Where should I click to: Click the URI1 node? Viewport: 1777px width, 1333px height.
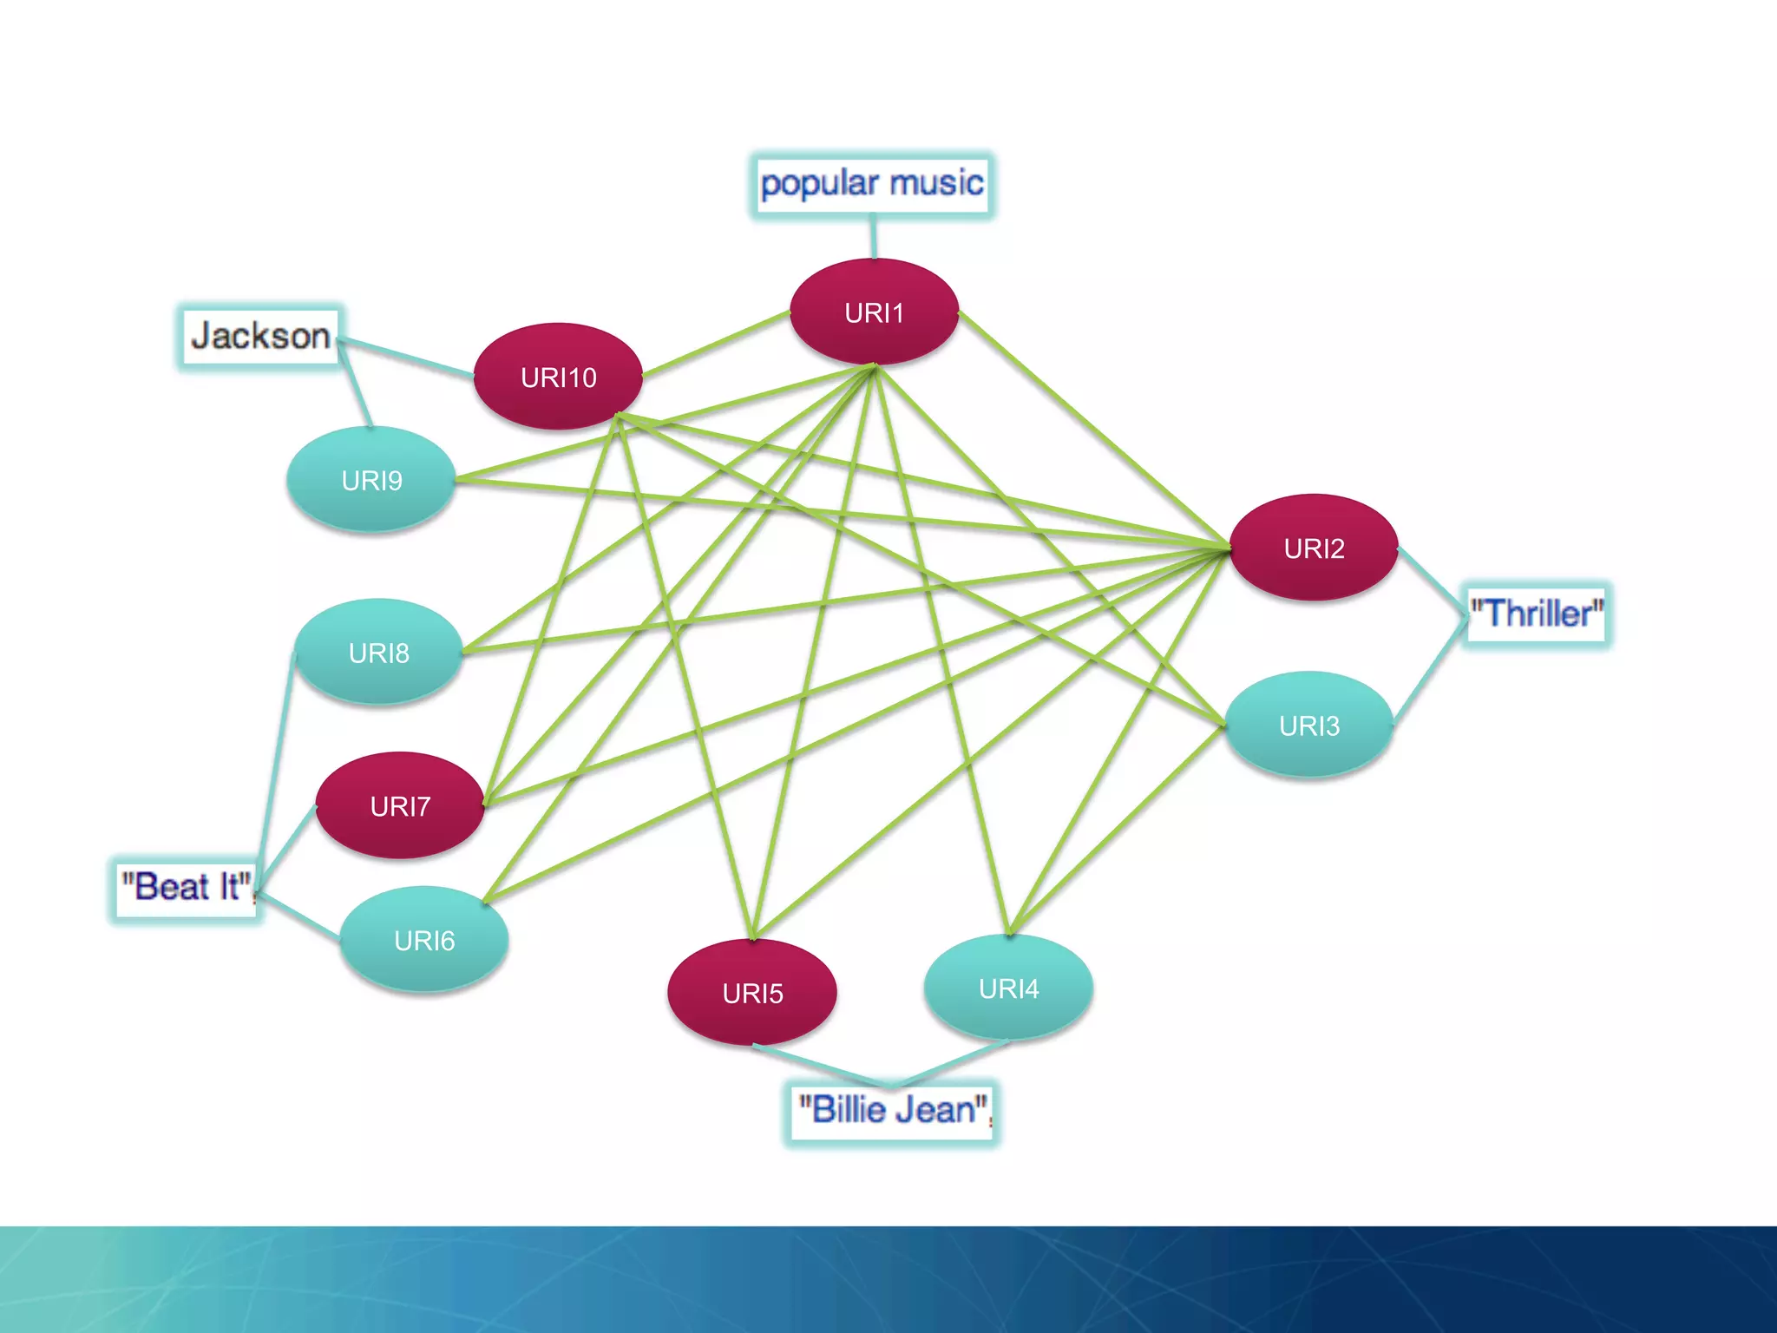tap(874, 312)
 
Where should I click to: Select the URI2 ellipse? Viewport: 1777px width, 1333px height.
tap(1314, 548)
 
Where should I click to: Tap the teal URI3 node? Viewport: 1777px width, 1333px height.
tap(1309, 725)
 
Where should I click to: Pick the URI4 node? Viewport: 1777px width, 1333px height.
tap(1008, 988)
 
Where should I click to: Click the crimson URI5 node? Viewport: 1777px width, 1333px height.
tap(752, 993)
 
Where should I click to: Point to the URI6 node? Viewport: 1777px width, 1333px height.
tap(424, 940)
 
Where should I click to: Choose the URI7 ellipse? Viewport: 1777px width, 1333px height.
tap(400, 806)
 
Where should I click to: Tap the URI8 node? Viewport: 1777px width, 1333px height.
tap(378, 653)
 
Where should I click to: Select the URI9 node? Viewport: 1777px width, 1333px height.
tap(371, 480)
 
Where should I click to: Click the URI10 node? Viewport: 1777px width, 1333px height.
tap(558, 377)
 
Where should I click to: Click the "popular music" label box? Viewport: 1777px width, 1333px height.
tap(872, 184)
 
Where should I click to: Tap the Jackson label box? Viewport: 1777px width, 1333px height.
tap(259, 337)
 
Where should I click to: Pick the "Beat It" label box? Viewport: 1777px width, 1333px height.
tap(186, 888)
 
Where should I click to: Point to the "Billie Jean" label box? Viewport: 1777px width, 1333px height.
tap(893, 1111)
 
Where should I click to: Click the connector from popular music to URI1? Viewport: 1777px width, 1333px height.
tap(874, 237)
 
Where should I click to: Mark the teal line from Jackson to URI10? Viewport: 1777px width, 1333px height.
tap(406, 358)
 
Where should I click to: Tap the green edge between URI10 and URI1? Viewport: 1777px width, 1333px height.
tap(716, 344)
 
